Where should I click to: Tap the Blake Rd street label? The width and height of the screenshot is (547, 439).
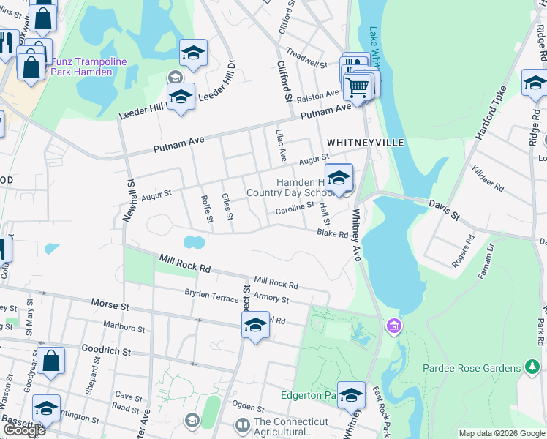pyautogui.click(x=332, y=234)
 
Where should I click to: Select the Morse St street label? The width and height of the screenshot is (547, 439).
pyautogui.click(x=110, y=303)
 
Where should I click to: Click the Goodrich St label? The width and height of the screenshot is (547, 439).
pyautogui.click(x=106, y=351)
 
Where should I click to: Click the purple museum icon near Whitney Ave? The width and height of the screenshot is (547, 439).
pyautogui.click(x=394, y=324)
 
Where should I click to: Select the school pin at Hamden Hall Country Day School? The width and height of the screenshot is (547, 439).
pyautogui.click(x=339, y=178)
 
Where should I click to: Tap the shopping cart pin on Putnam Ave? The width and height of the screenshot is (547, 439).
pyautogui.click(x=357, y=87)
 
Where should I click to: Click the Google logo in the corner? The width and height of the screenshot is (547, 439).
pyautogui.click(x=23, y=430)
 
